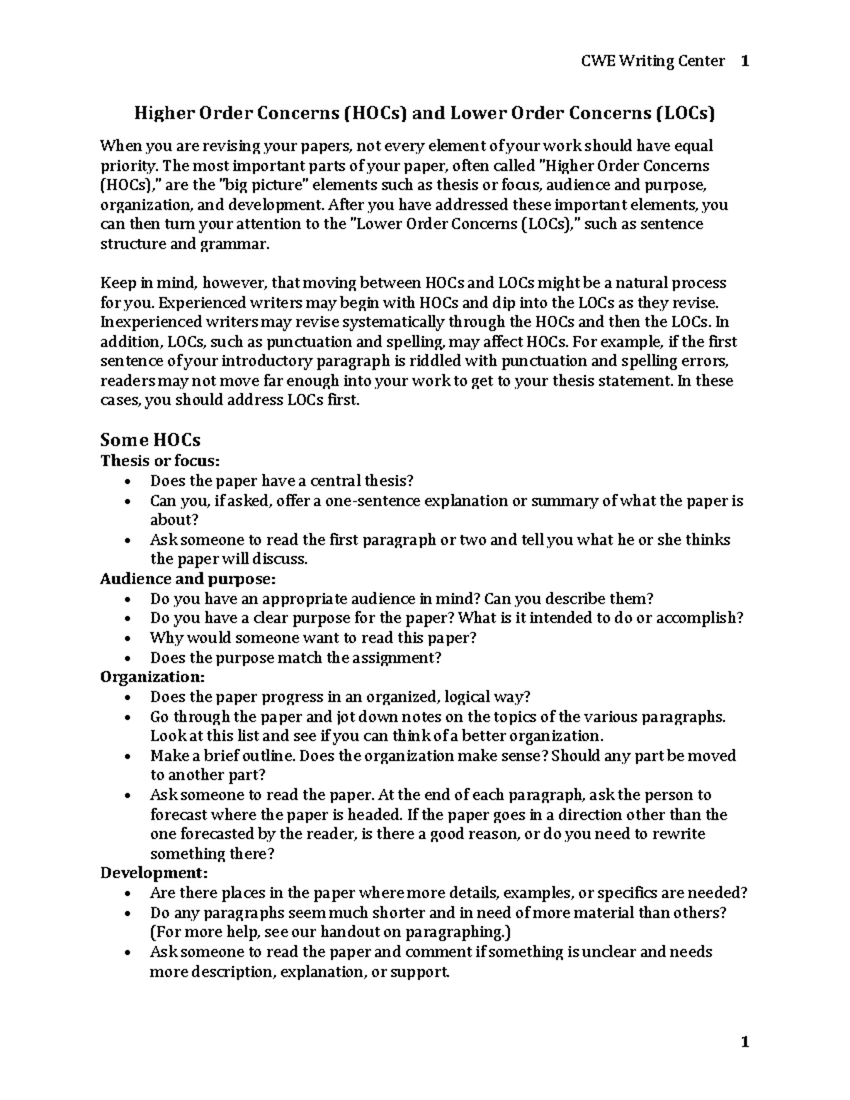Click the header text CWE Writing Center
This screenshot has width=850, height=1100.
[652, 61]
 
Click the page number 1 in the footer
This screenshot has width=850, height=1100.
[744, 1042]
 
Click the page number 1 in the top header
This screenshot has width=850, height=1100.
[744, 61]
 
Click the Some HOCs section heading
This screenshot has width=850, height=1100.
[150, 440]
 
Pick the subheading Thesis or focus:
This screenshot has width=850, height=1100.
[160, 461]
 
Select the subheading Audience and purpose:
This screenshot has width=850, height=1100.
[187, 579]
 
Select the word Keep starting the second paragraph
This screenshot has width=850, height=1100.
[116, 283]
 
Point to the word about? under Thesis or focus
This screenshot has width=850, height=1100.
[170, 521]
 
